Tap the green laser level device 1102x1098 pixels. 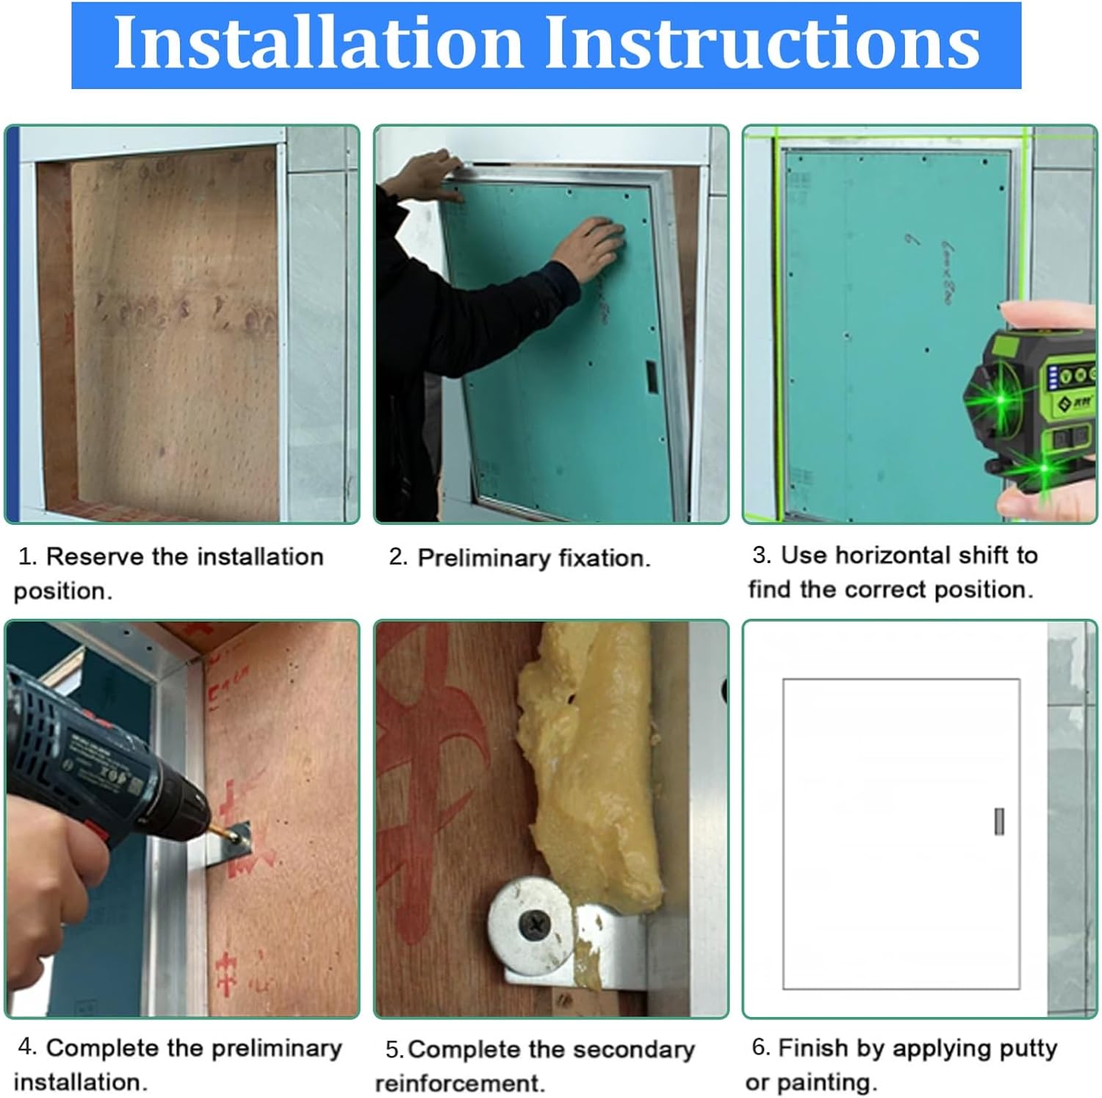(1036, 401)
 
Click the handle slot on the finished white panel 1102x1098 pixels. (998, 821)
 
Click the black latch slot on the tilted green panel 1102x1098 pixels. (651, 376)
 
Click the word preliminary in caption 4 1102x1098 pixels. (269, 1048)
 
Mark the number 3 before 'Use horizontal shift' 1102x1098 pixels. (761, 555)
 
